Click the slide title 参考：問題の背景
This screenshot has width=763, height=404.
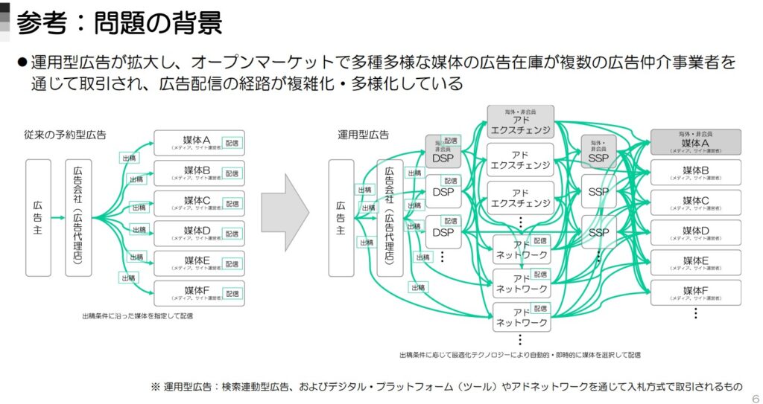119,22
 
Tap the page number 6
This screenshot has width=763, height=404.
756,397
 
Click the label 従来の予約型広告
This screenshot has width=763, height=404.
65,135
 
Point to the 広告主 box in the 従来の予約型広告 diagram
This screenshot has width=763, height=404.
38,217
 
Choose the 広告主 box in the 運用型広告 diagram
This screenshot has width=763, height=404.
341,217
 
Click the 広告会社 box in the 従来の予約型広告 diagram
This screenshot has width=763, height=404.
78,217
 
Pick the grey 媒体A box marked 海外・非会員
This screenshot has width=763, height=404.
695,141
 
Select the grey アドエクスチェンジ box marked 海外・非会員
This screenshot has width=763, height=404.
521,123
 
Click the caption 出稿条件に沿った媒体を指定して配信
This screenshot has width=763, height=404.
137,316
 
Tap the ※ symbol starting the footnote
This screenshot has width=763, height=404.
156,387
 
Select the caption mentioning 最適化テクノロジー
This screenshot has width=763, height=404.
519,355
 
